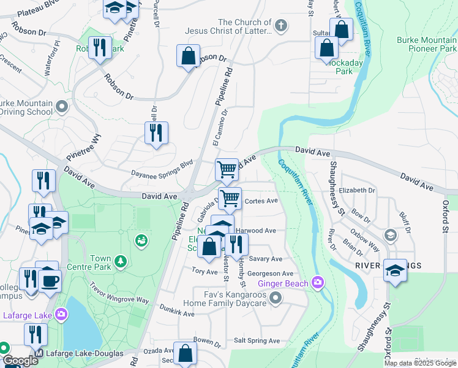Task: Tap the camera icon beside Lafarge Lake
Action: (x=61, y=315)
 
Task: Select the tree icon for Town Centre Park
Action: (x=121, y=262)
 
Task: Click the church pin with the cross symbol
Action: (x=280, y=26)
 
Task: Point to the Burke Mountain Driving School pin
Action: (x=61, y=107)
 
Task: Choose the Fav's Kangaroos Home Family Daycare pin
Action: (x=276, y=299)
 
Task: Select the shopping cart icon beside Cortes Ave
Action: (x=230, y=199)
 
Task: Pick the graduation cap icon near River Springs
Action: (x=396, y=270)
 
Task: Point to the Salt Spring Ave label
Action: (x=257, y=341)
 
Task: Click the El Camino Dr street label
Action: (x=219, y=127)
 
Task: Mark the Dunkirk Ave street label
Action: (x=176, y=312)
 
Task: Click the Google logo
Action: (x=20, y=361)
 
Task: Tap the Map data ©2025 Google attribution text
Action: (x=419, y=363)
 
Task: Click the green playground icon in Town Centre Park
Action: (x=142, y=240)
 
